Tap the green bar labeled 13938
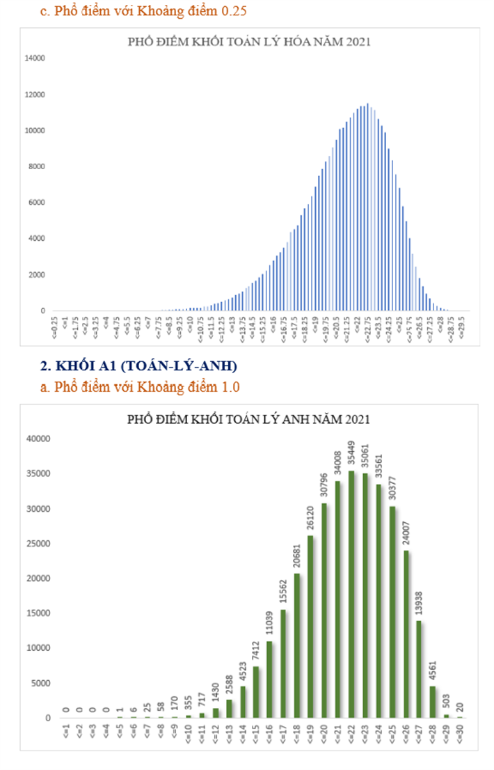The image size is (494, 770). (419, 668)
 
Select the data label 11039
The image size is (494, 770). (270, 625)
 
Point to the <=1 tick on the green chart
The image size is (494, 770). (66, 732)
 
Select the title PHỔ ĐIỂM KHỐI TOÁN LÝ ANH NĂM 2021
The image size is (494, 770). (248, 420)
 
